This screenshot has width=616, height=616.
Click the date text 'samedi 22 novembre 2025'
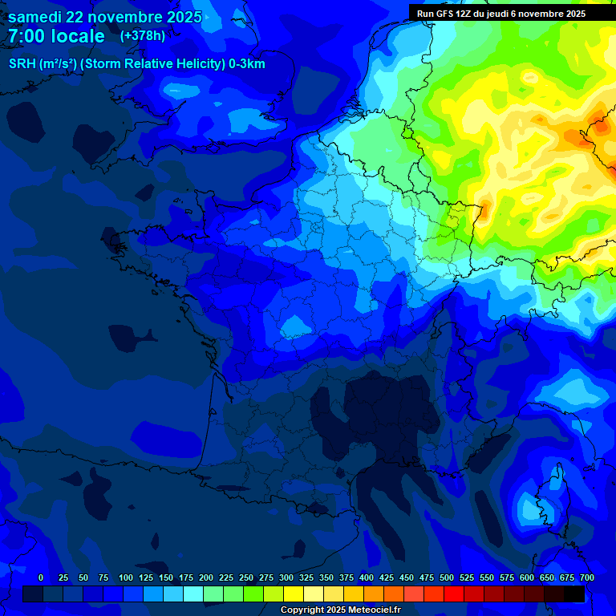[104, 18]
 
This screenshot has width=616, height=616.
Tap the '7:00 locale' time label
[56, 37]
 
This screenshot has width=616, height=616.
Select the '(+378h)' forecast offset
[143, 36]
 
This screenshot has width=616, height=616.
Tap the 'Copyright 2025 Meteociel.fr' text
[340, 610]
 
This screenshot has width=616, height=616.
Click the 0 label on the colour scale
[41, 577]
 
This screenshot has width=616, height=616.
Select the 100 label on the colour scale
[126, 577]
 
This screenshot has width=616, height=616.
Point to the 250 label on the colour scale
[246, 577]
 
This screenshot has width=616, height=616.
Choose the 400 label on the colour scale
[367, 577]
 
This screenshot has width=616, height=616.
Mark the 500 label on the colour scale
[447, 577]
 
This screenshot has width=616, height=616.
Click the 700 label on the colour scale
[586, 577]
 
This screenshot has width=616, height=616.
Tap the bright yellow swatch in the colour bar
[294, 594]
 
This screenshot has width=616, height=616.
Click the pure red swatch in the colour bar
[454, 594]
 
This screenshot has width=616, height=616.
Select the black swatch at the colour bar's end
[574, 594]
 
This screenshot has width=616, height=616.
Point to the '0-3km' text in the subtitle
[247, 64]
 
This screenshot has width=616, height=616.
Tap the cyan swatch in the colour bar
[193, 594]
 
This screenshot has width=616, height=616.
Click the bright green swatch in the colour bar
[253, 594]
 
